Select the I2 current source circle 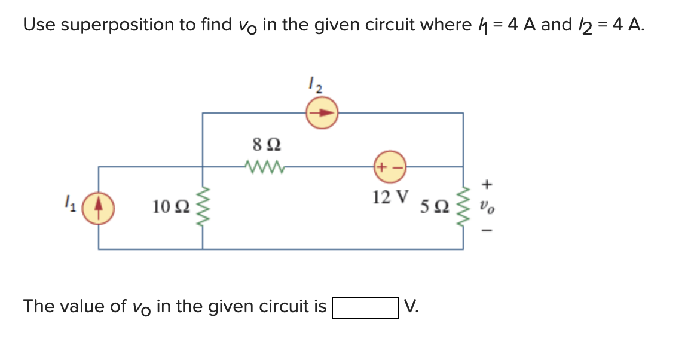[x=322, y=113]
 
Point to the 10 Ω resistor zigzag [x=203, y=207]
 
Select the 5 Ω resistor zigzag [x=463, y=208]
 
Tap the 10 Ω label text [x=172, y=207]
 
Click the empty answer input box [x=365, y=308]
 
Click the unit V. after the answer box [x=411, y=306]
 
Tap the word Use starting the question [x=39, y=25]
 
